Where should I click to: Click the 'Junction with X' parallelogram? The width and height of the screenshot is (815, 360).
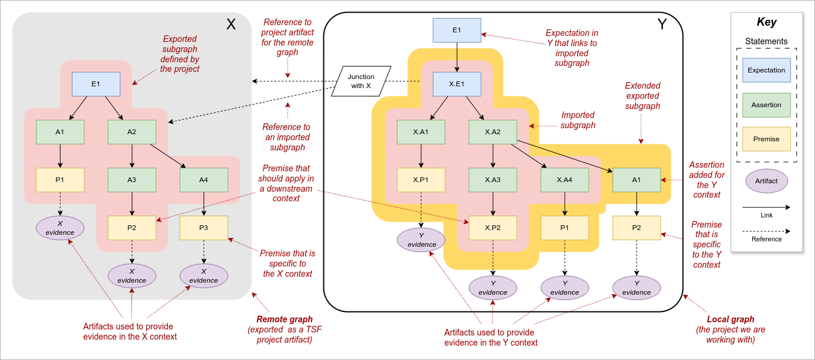[361, 81]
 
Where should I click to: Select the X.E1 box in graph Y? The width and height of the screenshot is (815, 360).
[457, 84]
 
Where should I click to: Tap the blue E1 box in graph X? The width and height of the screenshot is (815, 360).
[96, 84]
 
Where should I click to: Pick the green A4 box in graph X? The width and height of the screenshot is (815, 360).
[204, 180]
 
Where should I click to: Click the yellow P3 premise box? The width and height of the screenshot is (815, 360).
[204, 228]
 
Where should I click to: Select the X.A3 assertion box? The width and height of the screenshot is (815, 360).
[493, 180]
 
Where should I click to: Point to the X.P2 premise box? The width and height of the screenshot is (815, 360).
[493, 228]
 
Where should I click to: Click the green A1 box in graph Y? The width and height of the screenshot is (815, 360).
[637, 180]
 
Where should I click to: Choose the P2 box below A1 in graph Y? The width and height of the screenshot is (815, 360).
[637, 228]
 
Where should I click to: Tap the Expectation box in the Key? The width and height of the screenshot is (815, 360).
[766, 70]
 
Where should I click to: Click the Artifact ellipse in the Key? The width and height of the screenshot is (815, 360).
[766, 181]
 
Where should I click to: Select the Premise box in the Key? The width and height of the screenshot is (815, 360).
[766, 139]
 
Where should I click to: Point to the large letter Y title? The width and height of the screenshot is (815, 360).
[662, 25]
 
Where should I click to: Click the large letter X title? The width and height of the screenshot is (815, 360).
[231, 25]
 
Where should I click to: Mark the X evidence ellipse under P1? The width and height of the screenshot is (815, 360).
[60, 228]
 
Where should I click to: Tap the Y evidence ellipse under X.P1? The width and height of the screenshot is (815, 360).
[421, 240]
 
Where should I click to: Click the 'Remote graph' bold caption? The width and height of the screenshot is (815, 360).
[284, 319]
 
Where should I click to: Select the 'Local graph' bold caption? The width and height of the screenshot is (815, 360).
[731, 319]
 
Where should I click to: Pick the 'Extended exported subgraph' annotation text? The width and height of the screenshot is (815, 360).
[642, 96]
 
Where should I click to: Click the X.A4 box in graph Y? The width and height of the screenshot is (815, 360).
[565, 180]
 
